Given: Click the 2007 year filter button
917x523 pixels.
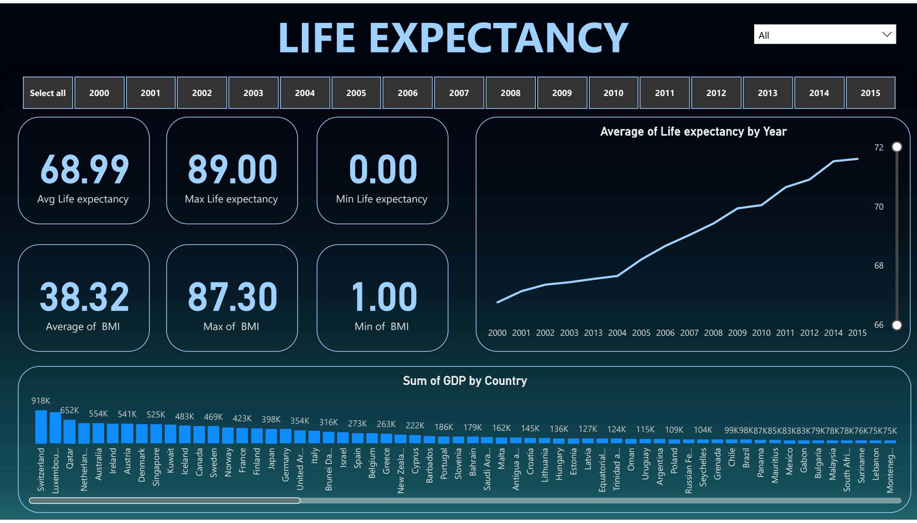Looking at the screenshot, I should (459, 93).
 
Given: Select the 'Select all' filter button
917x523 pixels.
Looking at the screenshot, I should (48, 93).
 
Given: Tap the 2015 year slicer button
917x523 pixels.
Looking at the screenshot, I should (870, 93).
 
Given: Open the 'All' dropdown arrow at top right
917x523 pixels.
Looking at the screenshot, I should (887, 34).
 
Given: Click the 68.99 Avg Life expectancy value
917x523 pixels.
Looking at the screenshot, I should (84, 170).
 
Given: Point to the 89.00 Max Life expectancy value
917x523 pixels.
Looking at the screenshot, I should (232, 170).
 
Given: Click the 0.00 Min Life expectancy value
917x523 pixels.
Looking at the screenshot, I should (383, 170).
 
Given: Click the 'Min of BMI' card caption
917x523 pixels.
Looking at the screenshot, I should (382, 327).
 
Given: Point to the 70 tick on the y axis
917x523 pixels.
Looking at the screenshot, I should (879, 207).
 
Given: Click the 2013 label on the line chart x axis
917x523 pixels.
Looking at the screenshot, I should (593, 333).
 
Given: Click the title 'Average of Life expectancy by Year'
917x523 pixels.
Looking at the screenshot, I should (693, 132).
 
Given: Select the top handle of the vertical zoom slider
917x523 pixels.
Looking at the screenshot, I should (897, 147).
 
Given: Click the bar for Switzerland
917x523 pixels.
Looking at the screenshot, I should (41, 427).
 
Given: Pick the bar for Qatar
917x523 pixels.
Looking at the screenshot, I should (70, 432).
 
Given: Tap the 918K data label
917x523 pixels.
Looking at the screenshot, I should (41, 401).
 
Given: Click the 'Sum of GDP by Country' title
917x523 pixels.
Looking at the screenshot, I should (465, 381).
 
